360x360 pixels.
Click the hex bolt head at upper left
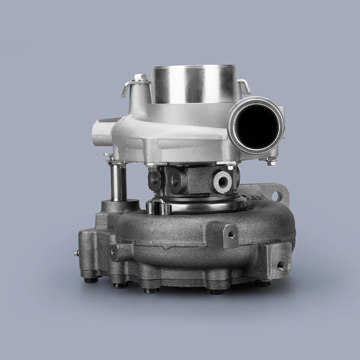coord(140,77)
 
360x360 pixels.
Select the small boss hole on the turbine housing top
coord(231,235)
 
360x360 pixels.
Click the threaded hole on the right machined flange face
coord(280,266)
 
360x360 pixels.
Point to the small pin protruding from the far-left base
coord(76,253)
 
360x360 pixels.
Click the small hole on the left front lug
coord(113,251)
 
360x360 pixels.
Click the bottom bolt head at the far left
coord(90,280)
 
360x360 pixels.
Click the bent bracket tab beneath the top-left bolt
coord(128,87)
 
